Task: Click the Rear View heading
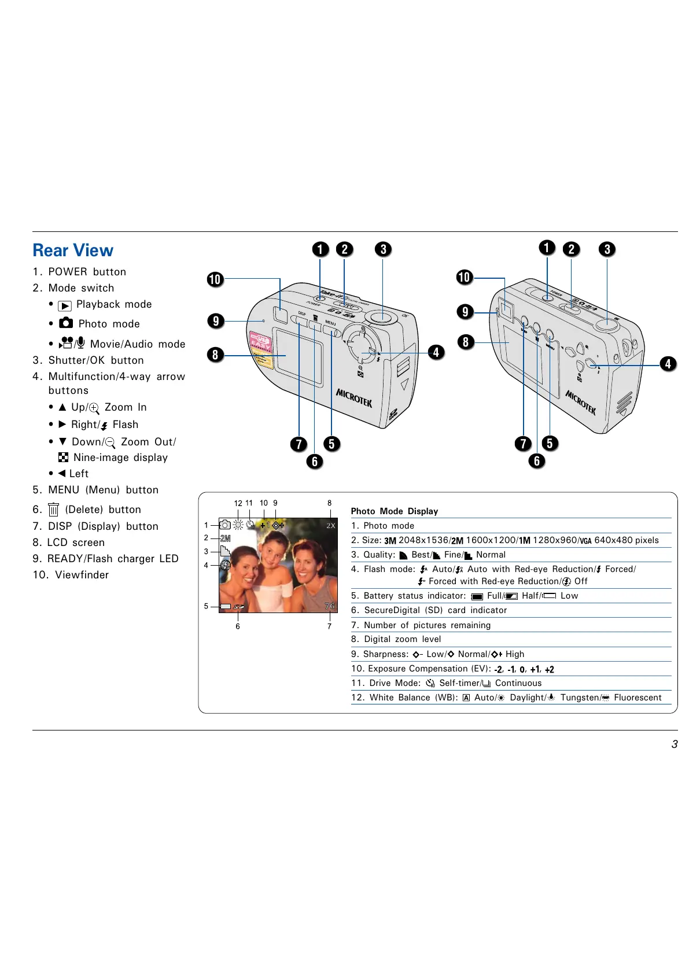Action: tap(73, 250)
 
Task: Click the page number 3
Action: tap(674, 744)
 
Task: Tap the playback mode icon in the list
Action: tap(65, 305)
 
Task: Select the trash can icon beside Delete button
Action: tap(53, 510)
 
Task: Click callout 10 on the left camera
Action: tap(215, 279)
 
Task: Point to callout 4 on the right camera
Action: tap(668, 364)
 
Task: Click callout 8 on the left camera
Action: tap(215, 355)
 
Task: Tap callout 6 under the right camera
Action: tap(537, 461)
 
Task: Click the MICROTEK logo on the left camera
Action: tap(354, 398)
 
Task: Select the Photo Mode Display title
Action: tap(395, 511)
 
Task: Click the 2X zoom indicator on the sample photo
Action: tap(330, 526)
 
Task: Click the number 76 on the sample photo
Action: tap(329, 606)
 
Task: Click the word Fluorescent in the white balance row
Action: tap(638, 698)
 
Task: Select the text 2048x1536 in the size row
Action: tap(423, 540)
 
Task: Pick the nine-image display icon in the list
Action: tap(64, 458)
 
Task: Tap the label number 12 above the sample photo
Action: tap(238, 503)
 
